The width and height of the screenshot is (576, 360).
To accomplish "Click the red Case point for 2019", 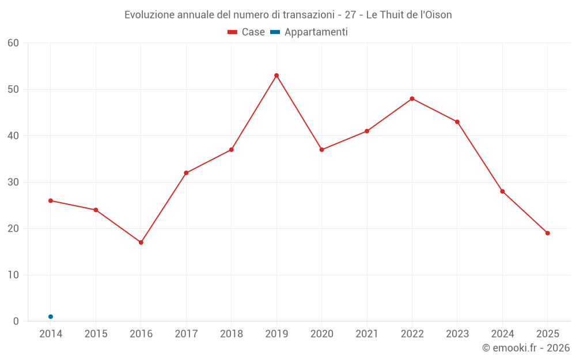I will click(x=276, y=75).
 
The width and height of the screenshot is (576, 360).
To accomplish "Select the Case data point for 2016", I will click(x=141, y=242).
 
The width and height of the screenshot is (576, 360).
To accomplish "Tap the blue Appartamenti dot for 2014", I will click(x=51, y=317).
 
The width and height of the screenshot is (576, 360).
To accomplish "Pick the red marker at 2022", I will click(x=412, y=98).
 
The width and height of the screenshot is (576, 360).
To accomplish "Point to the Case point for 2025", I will click(x=547, y=233).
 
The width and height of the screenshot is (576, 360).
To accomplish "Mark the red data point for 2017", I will click(x=186, y=173).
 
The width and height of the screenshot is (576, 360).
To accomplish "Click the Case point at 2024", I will click(x=502, y=191).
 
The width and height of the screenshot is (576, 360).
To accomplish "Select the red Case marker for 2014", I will click(x=51, y=200).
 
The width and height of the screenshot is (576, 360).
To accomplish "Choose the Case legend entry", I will click(x=246, y=32).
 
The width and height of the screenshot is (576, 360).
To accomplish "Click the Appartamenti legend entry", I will click(x=309, y=32).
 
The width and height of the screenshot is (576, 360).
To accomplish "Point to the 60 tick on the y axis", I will click(x=13, y=43).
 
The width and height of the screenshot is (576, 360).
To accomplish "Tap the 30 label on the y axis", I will click(x=13, y=182).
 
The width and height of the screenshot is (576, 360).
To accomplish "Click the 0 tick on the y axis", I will click(x=16, y=321).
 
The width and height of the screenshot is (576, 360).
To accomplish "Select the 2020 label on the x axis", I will click(x=321, y=334).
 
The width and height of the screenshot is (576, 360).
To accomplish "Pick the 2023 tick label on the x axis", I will click(x=457, y=334).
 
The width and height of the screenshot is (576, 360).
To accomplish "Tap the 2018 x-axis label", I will click(x=232, y=334).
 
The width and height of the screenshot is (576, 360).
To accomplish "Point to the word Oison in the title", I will click(x=438, y=15).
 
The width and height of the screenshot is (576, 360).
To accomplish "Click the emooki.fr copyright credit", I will click(x=526, y=348).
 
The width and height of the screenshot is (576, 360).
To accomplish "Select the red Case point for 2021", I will click(x=367, y=131).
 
